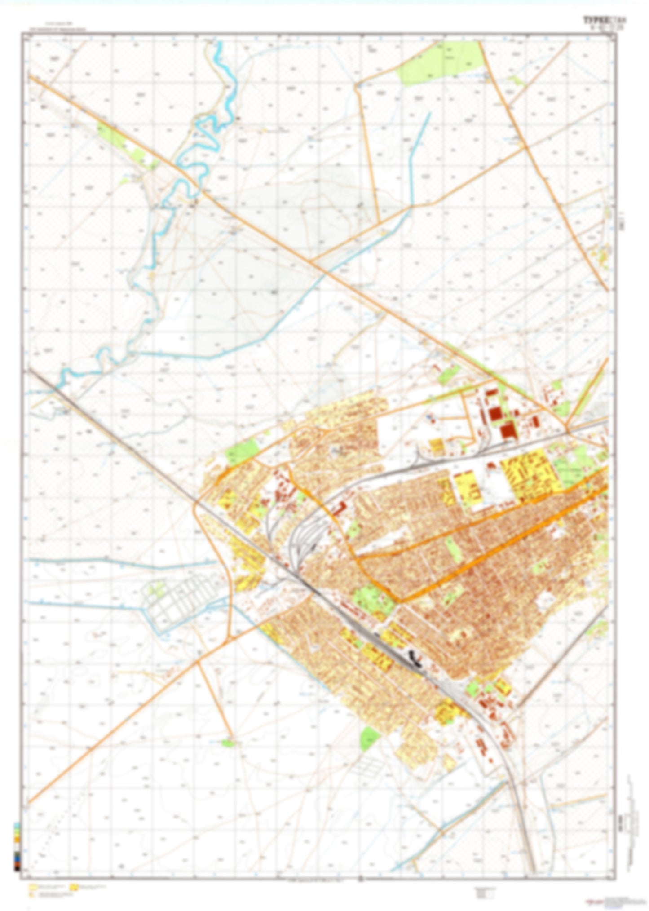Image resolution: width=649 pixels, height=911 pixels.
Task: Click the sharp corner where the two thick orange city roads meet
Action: pyautogui.click(x=395, y=601)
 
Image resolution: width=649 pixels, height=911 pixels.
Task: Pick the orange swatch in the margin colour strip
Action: pyautogui.click(x=17, y=826)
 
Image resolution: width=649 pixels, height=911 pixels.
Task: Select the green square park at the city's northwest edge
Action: pyautogui.click(x=242, y=451)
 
